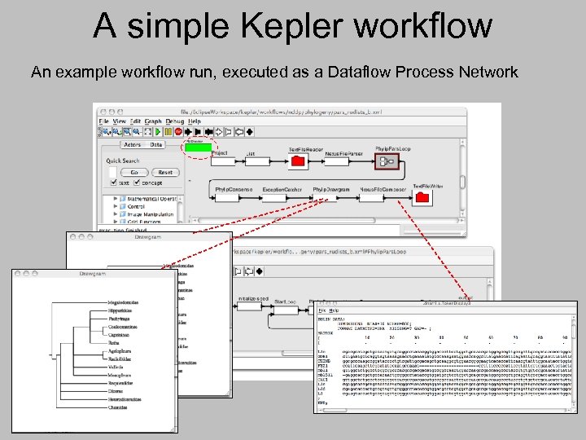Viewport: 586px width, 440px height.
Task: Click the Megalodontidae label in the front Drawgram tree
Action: click(x=125, y=301)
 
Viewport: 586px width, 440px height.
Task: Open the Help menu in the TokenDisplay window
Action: click(x=334, y=310)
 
